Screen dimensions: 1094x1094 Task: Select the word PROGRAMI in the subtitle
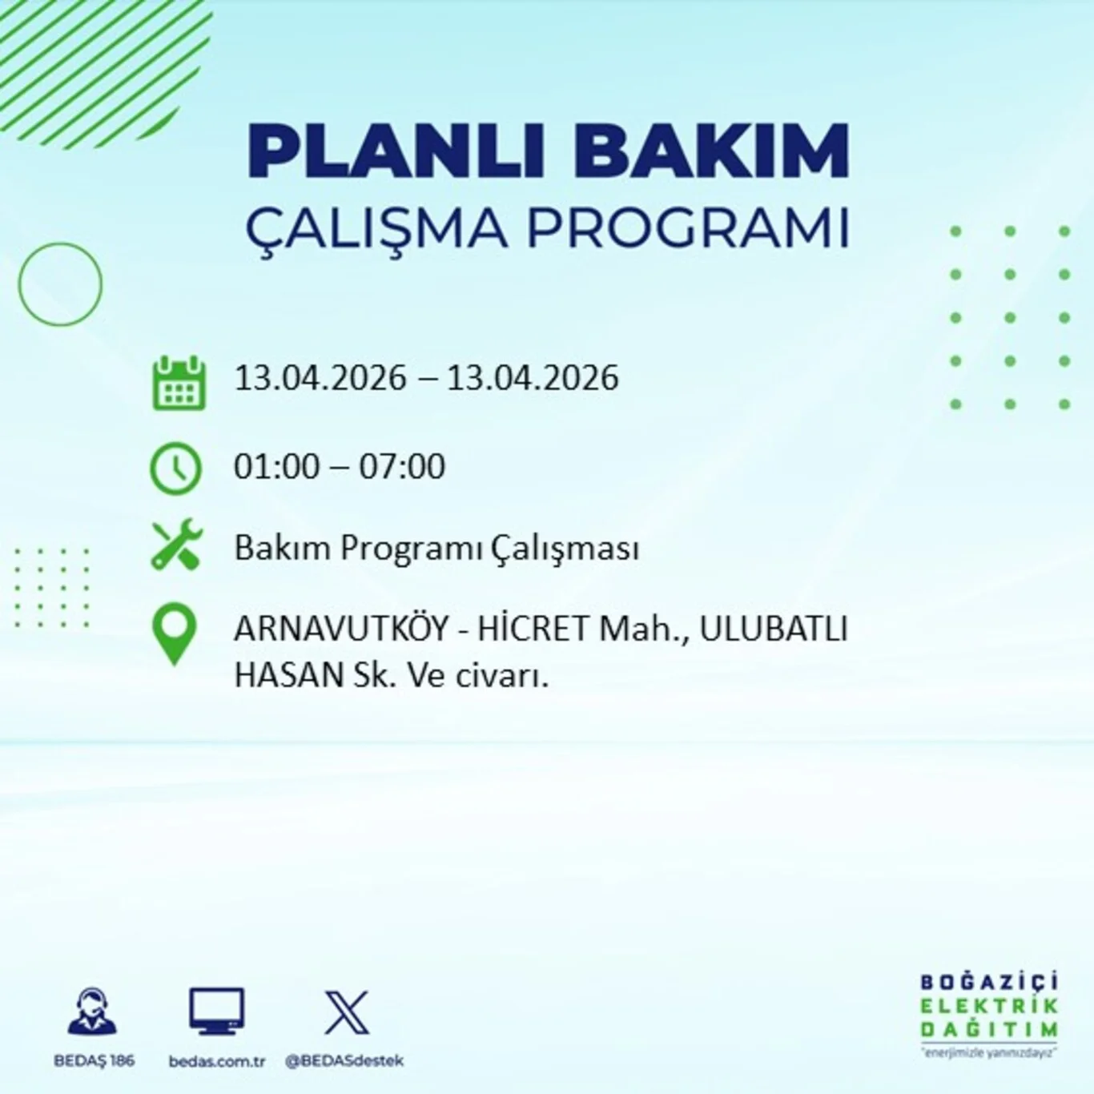(687, 228)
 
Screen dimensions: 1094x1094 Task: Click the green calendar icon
(179, 384)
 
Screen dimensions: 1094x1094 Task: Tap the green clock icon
(175, 468)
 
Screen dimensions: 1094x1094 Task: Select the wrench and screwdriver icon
(177, 545)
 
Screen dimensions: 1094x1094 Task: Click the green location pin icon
(175, 633)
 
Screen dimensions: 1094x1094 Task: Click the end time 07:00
(402, 466)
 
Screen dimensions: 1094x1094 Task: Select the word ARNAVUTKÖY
(341, 629)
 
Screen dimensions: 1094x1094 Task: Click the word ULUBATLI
(773, 629)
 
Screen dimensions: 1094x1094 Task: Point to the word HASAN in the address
(288, 676)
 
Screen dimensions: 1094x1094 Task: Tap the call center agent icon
(93, 1011)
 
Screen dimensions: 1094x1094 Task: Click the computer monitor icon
(216, 1011)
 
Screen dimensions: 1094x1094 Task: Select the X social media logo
(346, 1012)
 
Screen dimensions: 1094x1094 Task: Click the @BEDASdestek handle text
(344, 1061)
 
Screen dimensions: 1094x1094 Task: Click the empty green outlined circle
(60, 284)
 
